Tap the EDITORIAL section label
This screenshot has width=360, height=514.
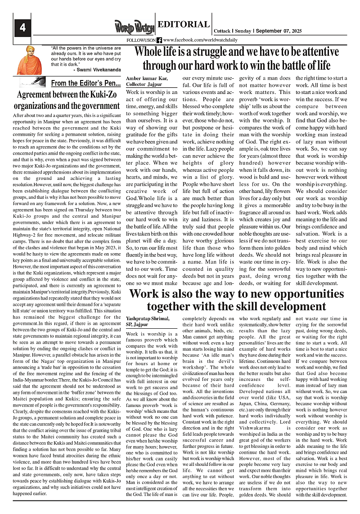[x=183, y=24]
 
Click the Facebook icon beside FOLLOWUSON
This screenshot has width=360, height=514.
[x=159, y=40]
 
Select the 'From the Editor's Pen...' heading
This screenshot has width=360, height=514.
[x=86, y=83]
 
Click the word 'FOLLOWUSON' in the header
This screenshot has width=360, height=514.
[x=141, y=40]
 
